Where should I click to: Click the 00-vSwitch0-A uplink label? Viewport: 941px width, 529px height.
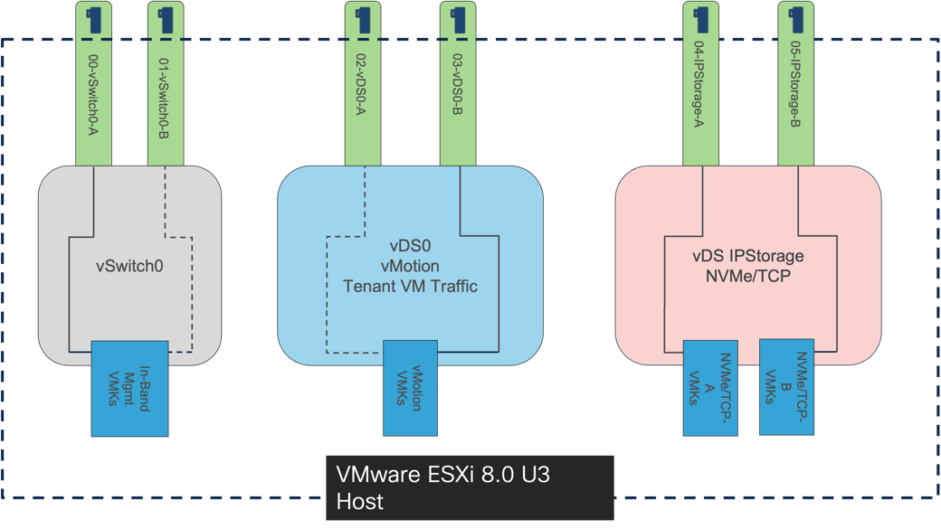(92, 107)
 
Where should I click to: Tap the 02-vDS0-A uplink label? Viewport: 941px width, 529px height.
(361, 88)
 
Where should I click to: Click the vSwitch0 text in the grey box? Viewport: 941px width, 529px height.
(129, 267)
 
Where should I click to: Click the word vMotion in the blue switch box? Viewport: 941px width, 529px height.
(410, 267)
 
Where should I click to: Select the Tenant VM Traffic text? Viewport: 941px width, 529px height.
(410, 287)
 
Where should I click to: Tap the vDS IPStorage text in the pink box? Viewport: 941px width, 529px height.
(747, 256)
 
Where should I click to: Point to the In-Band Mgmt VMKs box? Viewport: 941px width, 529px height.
(129, 388)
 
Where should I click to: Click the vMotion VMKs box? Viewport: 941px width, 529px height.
(410, 387)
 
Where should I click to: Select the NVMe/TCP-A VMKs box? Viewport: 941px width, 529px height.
(709, 388)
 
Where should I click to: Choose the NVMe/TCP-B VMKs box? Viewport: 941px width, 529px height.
(786, 386)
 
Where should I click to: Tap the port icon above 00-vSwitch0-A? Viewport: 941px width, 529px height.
(94, 19)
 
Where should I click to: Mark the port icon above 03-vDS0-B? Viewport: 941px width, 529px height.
(458, 18)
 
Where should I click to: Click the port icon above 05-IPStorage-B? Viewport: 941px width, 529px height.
(796, 18)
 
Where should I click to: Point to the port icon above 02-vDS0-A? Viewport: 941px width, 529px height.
(363, 19)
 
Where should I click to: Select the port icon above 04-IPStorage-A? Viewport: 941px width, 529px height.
(701, 18)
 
